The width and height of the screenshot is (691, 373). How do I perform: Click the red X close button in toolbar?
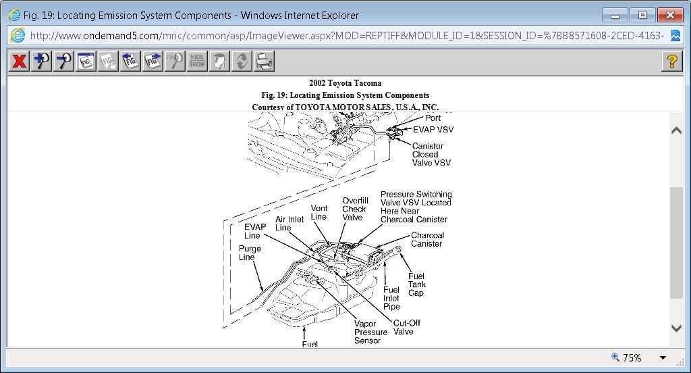pos(19,61)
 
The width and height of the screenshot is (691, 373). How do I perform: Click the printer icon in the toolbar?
pos(264,61)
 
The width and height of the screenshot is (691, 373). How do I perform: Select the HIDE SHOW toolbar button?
pos(196,61)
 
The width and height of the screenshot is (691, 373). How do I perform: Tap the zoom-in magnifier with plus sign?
pos(41,61)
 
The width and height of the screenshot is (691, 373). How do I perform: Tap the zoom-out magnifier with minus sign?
pos(63,61)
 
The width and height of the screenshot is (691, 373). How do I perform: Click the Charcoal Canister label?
pos(426,239)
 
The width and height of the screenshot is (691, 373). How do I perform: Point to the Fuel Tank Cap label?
pos(416,284)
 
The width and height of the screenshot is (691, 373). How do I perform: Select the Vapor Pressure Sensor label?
pos(370,332)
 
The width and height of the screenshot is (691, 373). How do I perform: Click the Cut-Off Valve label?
pos(406,327)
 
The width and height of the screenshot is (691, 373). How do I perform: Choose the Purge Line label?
pos(250,253)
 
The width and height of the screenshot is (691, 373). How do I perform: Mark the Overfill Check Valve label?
pos(355,209)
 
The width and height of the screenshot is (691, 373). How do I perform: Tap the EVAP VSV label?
pos(433,130)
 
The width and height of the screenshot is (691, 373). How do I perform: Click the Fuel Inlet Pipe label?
pos(391,298)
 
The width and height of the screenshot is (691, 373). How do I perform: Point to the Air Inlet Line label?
pos(289,223)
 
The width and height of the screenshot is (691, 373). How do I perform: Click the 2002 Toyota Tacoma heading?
pos(345,83)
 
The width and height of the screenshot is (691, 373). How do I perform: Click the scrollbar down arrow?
pos(676,328)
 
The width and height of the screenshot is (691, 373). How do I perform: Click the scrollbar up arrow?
pos(676,130)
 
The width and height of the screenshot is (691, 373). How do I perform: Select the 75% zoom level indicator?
pos(632,357)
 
